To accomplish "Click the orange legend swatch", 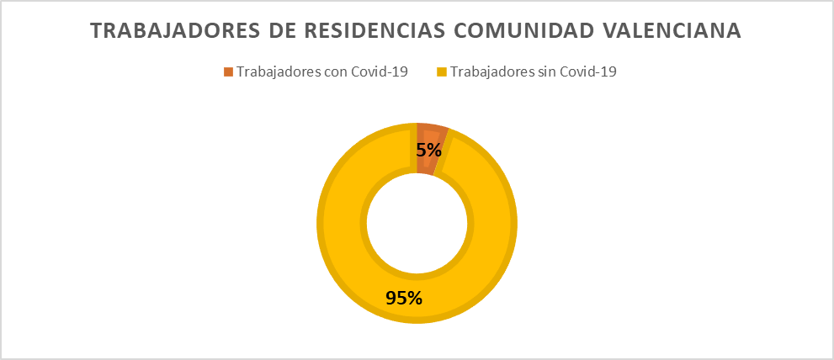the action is (228, 71).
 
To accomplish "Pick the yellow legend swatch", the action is (441, 71).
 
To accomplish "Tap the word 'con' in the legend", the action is (335, 72).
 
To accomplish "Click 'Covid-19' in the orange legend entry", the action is (379, 71).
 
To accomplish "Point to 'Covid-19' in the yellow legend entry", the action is (587, 71).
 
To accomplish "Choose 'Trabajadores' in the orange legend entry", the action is (279, 72).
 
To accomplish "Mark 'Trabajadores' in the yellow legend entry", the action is (491, 72).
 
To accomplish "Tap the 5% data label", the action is (428, 150).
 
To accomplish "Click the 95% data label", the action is (404, 298).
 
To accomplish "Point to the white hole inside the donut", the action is (417, 224).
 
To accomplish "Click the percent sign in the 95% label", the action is (414, 298).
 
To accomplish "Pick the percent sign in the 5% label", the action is (433, 150).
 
